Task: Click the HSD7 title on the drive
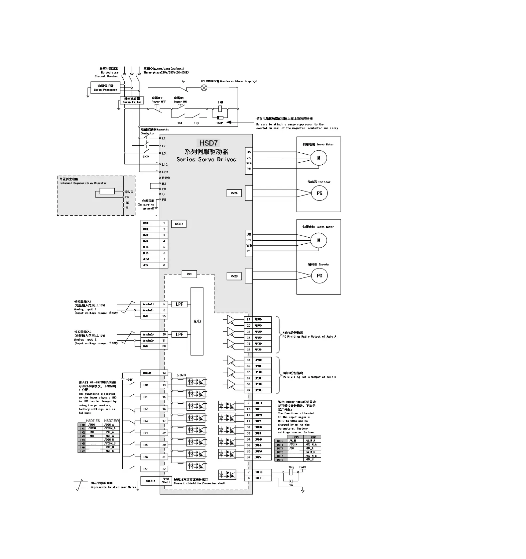point(208,143)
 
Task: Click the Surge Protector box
point(105,88)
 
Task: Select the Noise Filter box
point(132,100)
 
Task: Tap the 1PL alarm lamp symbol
point(204,88)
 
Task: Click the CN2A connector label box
point(234,193)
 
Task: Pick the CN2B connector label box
point(234,276)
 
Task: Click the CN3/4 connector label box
point(179,224)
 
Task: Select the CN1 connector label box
point(189,274)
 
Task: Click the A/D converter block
point(197,321)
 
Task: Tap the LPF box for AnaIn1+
point(179,304)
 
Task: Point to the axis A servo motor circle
point(319,158)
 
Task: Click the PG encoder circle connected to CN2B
point(319,276)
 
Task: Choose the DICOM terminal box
point(150,373)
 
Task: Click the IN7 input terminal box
point(150,469)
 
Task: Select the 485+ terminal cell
point(150,259)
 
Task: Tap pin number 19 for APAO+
point(248,319)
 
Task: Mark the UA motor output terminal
point(249,152)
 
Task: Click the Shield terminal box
point(150,481)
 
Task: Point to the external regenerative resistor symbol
point(107,191)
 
